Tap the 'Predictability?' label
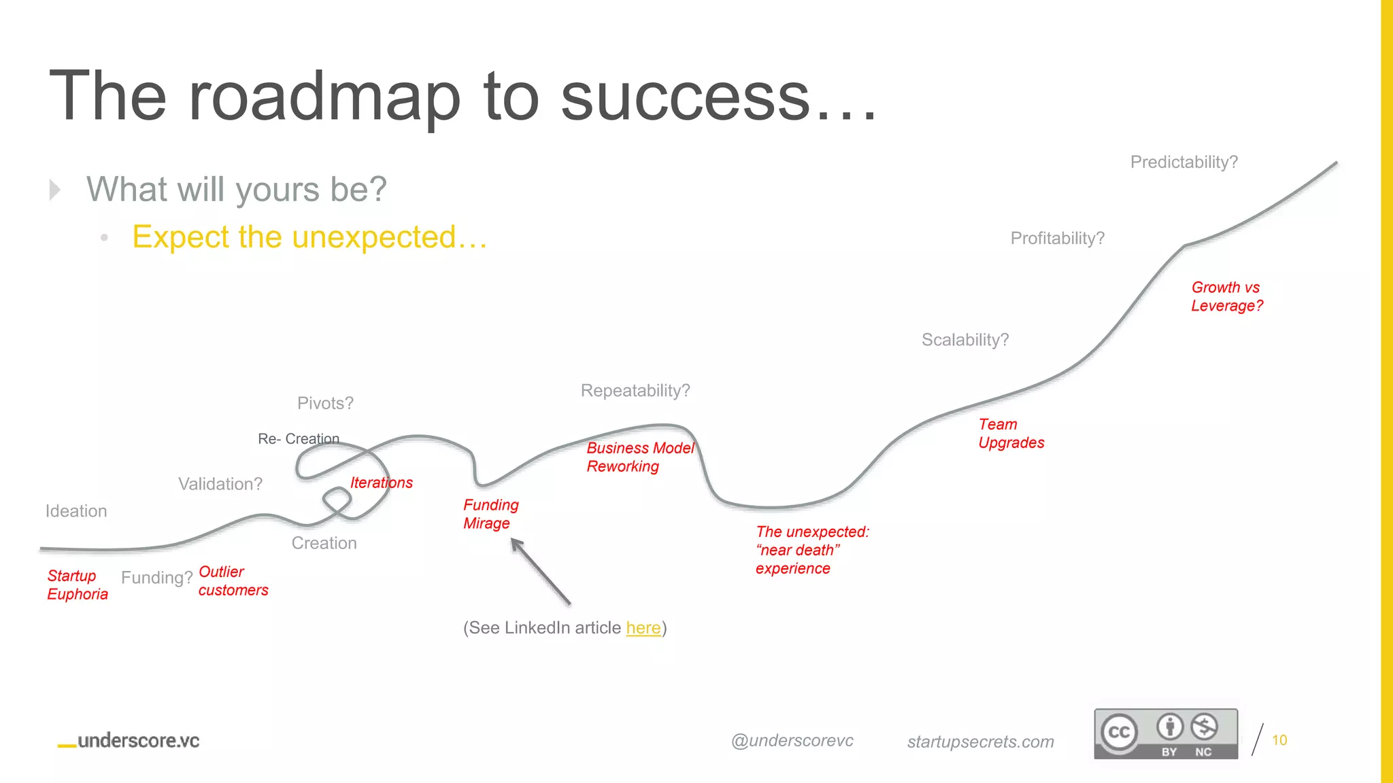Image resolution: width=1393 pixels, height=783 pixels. click(1184, 162)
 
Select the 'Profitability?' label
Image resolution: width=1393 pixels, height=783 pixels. click(1057, 239)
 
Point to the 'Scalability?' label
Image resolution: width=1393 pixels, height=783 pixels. click(964, 340)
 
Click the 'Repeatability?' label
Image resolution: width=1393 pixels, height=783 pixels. click(635, 391)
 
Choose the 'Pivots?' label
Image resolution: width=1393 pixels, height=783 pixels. click(325, 404)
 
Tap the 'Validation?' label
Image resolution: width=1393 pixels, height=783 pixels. click(220, 484)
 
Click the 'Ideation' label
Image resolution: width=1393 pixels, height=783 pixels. click(76, 511)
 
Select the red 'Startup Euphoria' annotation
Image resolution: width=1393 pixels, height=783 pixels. click(77, 585)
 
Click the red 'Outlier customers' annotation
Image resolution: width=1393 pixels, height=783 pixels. click(233, 581)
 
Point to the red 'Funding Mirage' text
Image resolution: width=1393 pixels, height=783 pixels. click(490, 515)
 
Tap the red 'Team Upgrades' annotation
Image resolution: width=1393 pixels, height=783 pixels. click(1011, 434)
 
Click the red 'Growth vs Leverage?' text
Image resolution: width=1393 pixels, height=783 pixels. click(1226, 297)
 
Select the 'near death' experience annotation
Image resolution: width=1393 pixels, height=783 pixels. click(811, 550)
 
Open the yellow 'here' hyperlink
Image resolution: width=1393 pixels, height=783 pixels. click(643, 628)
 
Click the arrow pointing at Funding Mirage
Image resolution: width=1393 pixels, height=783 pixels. click(541, 572)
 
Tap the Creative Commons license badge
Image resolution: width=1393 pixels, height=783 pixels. click(1165, 733)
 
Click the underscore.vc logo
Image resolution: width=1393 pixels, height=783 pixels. click(129, 741)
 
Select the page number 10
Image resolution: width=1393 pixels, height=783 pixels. click(1279, 740)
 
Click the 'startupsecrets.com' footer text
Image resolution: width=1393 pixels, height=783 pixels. click(980, 742)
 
